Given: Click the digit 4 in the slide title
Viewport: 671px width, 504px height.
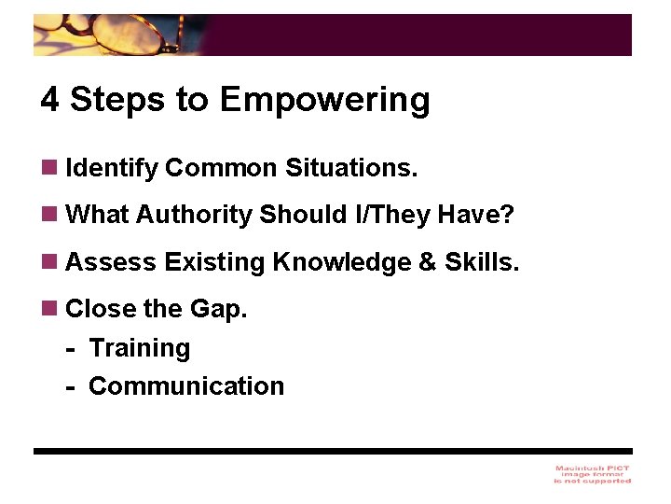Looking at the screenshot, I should tap(50, 100).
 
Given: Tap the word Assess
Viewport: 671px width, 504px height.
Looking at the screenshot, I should tap(112, 262).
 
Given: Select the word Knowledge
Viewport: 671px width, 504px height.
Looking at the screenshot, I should tap(341, 262).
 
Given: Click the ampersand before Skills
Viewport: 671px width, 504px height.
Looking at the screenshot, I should tap(428, 262).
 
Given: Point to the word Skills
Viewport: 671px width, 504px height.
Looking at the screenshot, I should tap(482, 262).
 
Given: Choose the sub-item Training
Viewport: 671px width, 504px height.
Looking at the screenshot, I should tap(140, 348).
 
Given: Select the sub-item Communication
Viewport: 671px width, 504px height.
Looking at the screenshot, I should tap(186, 386).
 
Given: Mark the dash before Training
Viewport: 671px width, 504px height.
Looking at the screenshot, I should tap(71, 349).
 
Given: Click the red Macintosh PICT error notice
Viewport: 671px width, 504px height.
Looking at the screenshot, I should tap(592, 474).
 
